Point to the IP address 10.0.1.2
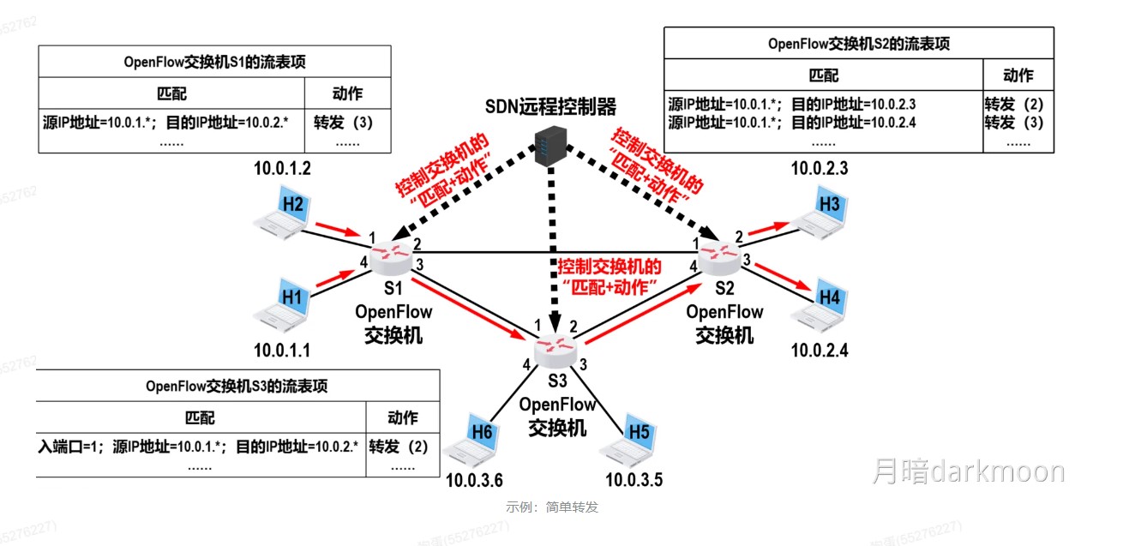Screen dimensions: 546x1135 coord(282,168)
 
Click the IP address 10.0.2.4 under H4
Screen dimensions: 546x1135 coord(819,350)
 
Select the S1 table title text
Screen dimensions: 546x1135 coord(214,63)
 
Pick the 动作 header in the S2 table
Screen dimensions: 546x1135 coord(1018,75)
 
